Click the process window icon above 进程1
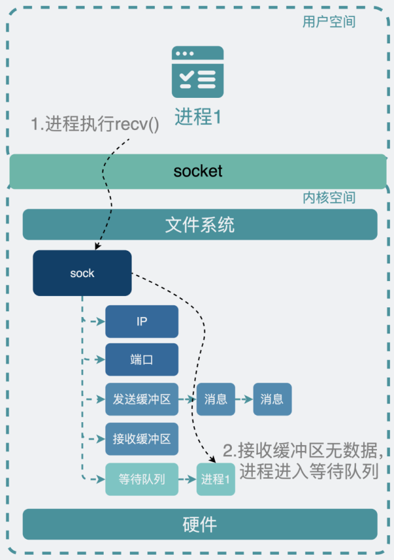(x=198, y=72)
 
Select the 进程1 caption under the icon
(x=198, y=116)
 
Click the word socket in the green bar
(x=198, y=171)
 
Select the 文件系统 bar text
(x=200, y=225)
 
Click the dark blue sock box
(x=82, y=273)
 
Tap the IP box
(x=142, y=322)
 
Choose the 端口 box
(x=142, y=360)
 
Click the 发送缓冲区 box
(x=142, y=399)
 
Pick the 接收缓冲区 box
(x=142, y=439)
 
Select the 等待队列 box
(x=142, y=479)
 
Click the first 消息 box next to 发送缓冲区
(x=215, y=399)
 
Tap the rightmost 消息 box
(x=272, y=399)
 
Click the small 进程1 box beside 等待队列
(x=215, y=479)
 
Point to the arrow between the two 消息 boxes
(x=244, y=399)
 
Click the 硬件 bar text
(x=200, y=525)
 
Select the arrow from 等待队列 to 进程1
(x=187, y=479)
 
